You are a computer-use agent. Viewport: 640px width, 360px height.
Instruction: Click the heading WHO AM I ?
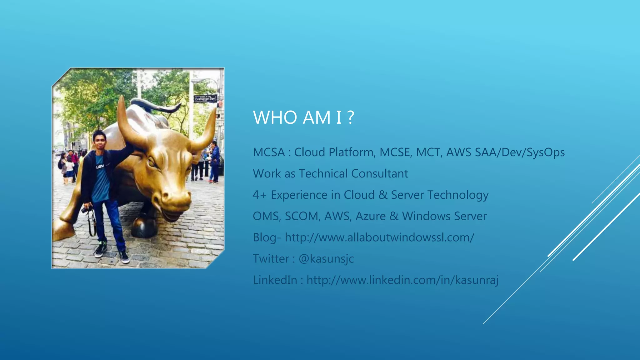click(303, 117)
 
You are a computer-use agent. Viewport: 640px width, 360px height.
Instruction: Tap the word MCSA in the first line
click(269, 152)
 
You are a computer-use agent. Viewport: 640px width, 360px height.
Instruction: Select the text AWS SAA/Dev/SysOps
click(505, 152)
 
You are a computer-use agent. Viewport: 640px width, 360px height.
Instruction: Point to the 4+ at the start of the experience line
click(259, 195)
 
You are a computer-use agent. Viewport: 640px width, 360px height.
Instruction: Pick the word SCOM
click(302, 216)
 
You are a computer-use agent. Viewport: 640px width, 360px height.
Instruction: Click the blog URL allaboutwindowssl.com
click(379, 237)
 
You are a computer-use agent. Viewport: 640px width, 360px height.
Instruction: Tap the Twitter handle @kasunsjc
click(326, 259)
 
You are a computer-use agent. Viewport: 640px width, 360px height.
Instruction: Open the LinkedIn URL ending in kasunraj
click(402, 280)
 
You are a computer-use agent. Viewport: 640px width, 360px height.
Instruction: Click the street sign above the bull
click(205, 99)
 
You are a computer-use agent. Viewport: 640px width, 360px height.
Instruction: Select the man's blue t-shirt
click(101, 181)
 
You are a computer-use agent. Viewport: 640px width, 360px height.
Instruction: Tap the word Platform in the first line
click(352, 152)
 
